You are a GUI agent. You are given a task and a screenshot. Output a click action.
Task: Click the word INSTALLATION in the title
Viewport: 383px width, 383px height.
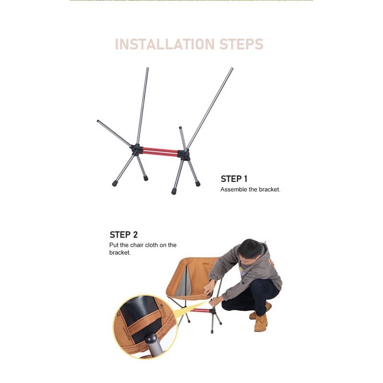(x=165, y=44)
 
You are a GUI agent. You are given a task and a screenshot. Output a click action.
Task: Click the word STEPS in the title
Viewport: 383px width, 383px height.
(x=241, y=44)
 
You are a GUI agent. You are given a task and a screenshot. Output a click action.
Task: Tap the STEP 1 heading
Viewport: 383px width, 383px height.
(x=234, y=179)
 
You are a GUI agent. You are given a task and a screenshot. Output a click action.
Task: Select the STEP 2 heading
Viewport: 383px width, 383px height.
(x=124, y=235)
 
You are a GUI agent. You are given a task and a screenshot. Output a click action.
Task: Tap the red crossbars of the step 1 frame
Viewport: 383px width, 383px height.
(x=160, y=151)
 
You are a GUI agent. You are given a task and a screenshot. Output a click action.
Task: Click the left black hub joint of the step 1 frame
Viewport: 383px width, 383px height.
(x=136, y=149)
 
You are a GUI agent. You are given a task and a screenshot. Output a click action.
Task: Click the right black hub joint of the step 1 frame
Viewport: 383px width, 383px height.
(x=184, y=155)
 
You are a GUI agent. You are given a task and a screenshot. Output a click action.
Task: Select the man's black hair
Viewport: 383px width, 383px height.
(x=249, y=248)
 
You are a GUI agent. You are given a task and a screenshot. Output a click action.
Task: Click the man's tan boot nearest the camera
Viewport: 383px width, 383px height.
(x=261, y=323)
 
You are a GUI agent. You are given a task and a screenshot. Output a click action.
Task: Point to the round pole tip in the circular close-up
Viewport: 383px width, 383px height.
(x=150, y=338)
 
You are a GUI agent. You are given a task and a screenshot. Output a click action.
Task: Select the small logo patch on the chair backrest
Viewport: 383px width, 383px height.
(x=206, y=264)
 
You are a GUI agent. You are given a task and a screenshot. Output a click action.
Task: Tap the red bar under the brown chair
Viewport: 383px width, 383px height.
(x=200, y=310)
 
